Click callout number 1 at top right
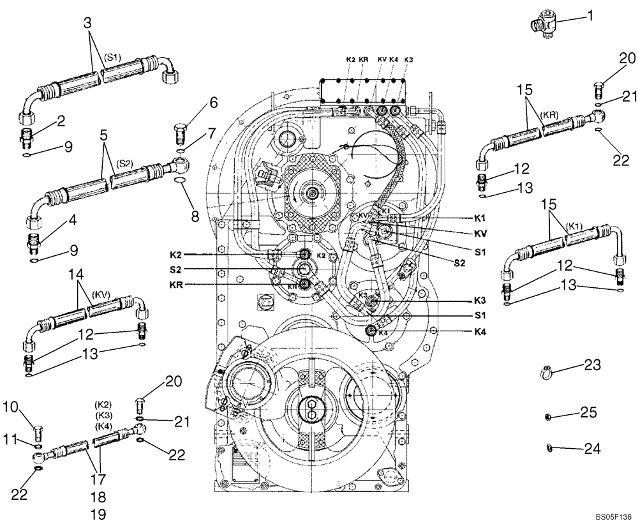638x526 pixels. [590, 14]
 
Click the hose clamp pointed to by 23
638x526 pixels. [546, 370]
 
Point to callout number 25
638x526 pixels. [588, 413]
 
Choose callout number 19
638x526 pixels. [98, 513]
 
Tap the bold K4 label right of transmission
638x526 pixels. [481, 331]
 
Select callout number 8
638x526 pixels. [195, 214]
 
